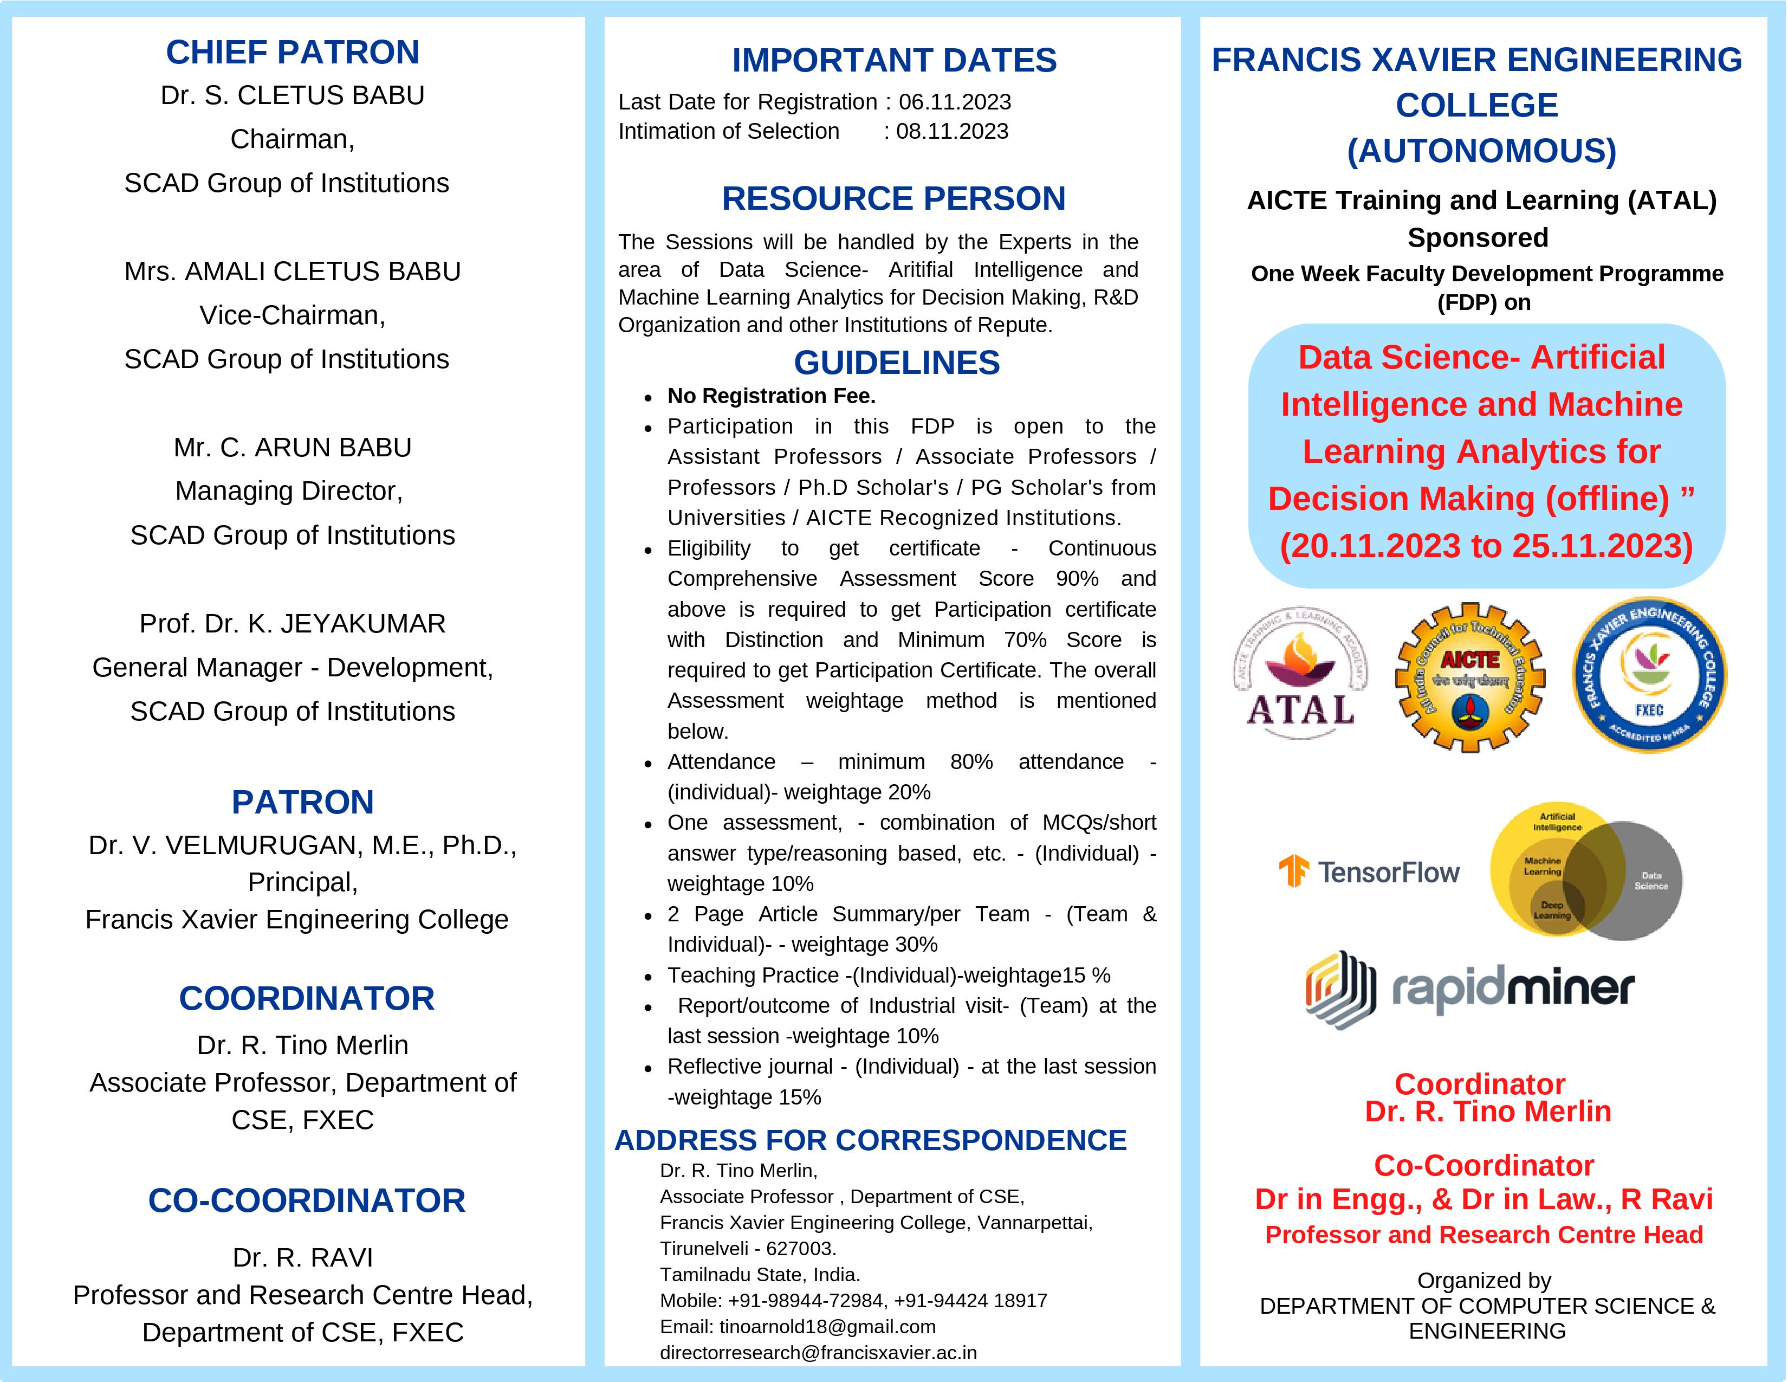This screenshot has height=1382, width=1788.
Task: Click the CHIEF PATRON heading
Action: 292,53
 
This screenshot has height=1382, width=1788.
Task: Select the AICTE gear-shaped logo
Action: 1469,677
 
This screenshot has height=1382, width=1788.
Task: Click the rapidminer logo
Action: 1469,990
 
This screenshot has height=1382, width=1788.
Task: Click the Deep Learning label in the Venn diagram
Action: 1552,909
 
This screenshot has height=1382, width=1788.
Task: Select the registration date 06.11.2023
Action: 955,102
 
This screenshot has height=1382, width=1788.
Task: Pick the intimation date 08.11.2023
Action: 952,132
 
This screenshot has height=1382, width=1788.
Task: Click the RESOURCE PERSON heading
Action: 893,199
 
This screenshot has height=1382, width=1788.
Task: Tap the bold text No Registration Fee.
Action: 771,396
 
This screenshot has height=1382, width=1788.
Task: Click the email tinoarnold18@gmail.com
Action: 827,1326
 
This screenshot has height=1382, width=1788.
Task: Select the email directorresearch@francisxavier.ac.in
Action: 818,1353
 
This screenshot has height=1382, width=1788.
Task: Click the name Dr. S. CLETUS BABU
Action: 292,96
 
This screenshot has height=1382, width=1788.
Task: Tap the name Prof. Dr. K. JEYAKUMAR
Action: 292,624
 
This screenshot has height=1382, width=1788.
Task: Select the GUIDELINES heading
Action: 897,363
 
